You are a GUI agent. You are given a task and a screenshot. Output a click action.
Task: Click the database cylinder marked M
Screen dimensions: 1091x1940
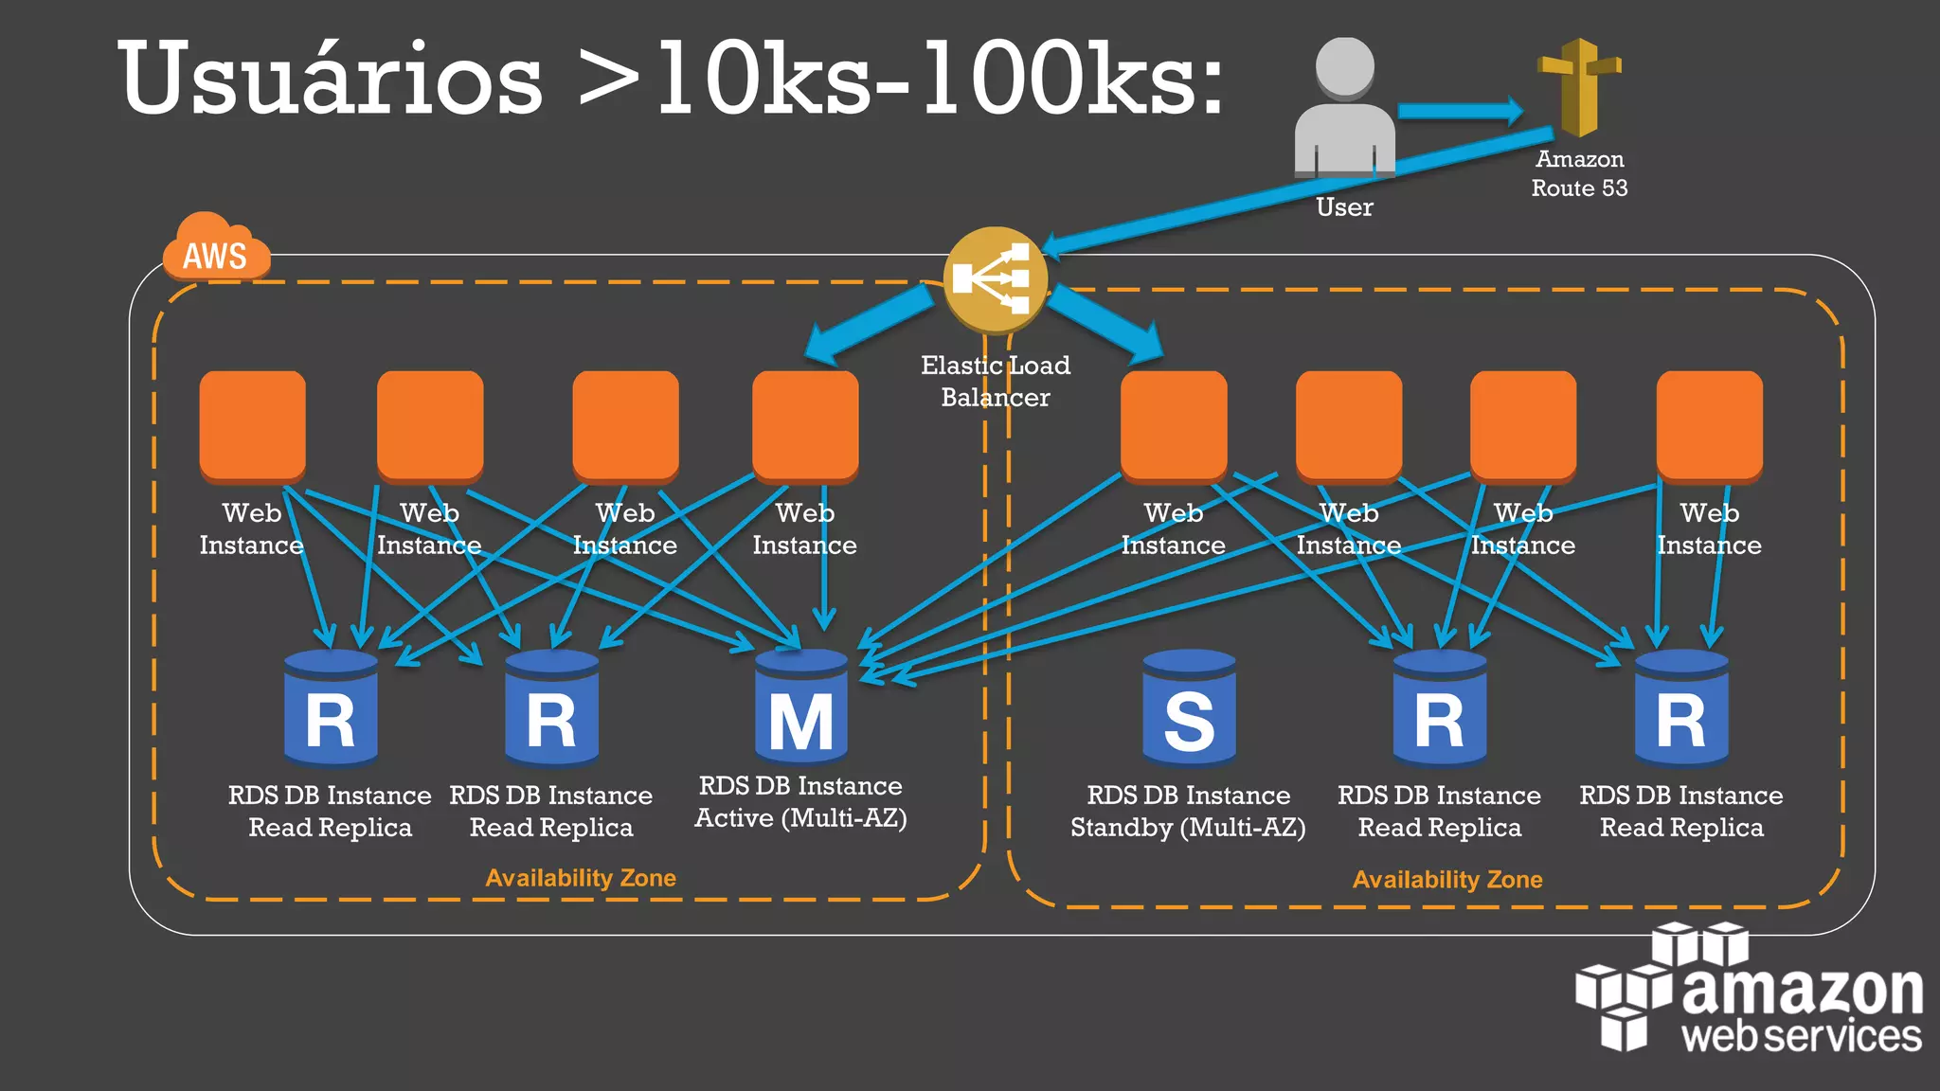pos(801,708)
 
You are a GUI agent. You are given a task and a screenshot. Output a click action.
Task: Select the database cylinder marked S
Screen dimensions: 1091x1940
pos(1189,708)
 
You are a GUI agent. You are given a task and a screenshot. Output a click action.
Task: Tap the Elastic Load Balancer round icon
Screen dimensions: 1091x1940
pos(995,279)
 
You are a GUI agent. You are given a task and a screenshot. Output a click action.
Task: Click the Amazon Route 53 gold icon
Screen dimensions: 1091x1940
pos(1579,87)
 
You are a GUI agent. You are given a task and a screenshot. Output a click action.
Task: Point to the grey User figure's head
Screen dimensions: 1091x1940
pos(1345,66)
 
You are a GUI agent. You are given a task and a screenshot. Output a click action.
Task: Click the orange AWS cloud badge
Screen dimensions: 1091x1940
pos(216,249)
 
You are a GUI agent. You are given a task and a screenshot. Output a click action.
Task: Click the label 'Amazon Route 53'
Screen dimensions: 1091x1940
pos(1579,173)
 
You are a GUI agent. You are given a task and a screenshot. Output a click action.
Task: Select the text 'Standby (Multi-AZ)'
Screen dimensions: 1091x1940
pos(1188,828)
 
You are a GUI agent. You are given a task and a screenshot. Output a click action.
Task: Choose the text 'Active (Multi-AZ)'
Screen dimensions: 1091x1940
pos(800,818)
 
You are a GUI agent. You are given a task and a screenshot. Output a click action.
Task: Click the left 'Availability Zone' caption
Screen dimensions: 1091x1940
pos(581,878)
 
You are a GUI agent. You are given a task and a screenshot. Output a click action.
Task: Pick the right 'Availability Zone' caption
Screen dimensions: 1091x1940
pos(1447,880)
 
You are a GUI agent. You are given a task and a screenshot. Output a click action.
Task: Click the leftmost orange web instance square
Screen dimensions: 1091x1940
pos(252,424)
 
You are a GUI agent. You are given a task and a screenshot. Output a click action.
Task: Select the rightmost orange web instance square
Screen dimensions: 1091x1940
pos(1709,424)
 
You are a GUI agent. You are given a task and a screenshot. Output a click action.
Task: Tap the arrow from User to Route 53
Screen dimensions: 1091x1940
pos(1459,112)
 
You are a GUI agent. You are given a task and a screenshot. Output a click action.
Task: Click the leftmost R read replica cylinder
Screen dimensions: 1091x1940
pos(331,708)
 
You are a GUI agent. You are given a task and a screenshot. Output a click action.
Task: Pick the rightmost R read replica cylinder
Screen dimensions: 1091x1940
pos(1681,708)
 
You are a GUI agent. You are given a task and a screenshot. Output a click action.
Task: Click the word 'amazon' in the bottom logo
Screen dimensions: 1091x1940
pos(1802,990)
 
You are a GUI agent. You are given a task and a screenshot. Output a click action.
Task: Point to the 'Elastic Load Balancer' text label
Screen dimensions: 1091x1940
pos(995,381)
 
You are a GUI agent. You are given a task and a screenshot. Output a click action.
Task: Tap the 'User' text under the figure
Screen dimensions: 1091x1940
pos(1344,207)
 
